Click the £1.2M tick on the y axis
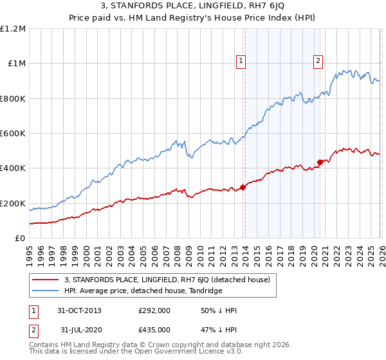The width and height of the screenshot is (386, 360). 13,29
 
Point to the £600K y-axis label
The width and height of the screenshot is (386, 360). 13,134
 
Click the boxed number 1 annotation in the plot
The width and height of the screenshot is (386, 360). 241,61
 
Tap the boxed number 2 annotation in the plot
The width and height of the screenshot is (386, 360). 318,61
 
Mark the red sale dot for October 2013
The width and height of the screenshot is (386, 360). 243,188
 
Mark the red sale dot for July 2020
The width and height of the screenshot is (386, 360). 320,162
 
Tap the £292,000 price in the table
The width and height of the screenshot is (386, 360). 154,310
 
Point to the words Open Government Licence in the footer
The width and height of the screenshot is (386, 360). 181,353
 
